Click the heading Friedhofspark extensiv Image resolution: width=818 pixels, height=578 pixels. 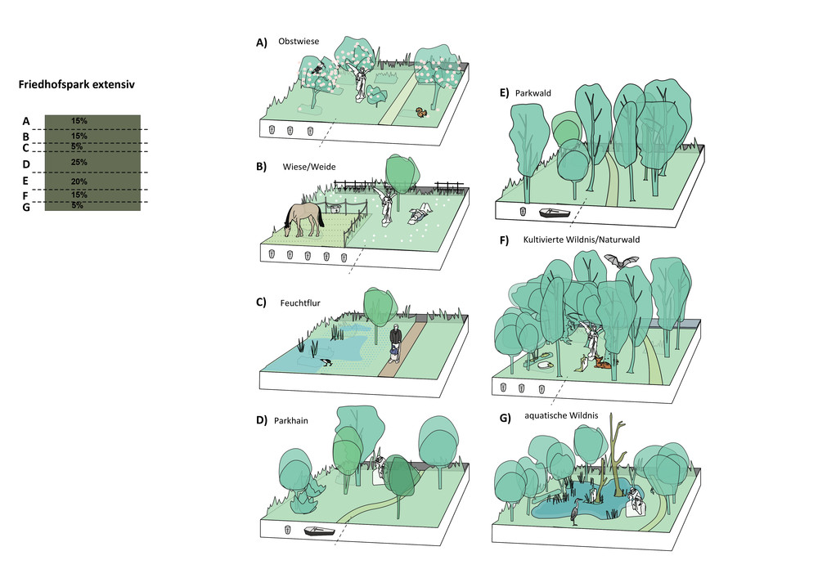(76, 84)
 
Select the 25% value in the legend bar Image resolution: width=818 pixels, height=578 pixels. (79, 162)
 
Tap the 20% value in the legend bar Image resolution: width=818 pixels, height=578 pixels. (79, 181)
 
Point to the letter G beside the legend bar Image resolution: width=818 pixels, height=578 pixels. (26, 208)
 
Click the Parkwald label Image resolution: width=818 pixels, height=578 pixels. (535, 93)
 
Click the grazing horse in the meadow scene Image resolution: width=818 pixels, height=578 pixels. (303, 218)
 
